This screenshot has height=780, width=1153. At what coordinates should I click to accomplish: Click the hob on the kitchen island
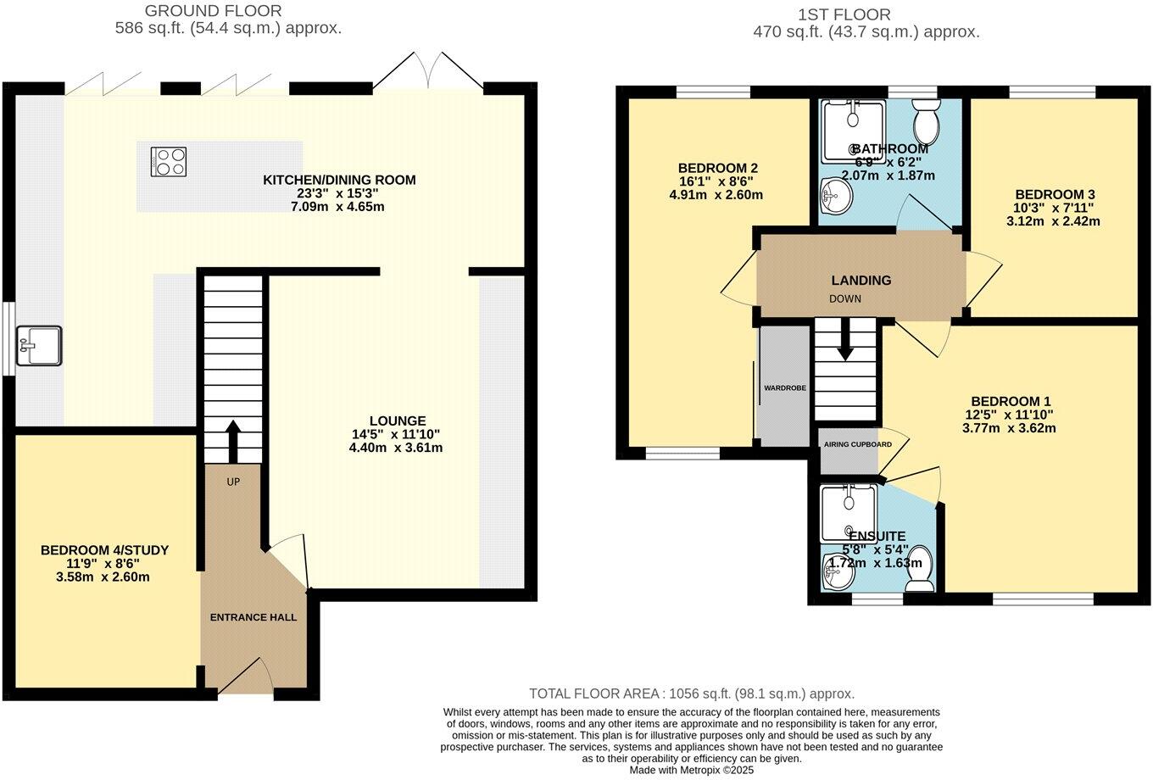(x=169, y=162)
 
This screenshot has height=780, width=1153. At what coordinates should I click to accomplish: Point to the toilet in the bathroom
(x=926, y=121)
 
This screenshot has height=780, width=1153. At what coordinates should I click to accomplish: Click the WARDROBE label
(x=784, y=387)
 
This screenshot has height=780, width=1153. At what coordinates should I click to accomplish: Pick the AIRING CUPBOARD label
(x=856, y=444)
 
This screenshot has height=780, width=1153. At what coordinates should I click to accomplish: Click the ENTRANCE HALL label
(x=253, y=617)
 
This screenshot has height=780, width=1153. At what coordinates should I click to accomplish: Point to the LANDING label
(x=861, y=280)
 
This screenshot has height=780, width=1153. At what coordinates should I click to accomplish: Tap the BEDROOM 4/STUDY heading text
(x=104, y=550)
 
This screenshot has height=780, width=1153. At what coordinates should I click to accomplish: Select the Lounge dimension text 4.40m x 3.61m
(x=396, y=448)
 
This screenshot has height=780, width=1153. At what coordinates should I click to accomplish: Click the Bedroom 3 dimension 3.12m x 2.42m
(x=1053, y=221)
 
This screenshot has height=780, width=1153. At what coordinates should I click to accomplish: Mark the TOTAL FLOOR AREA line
(x=692, y=694)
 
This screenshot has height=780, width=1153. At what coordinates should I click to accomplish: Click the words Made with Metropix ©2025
(x=691, y=771)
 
